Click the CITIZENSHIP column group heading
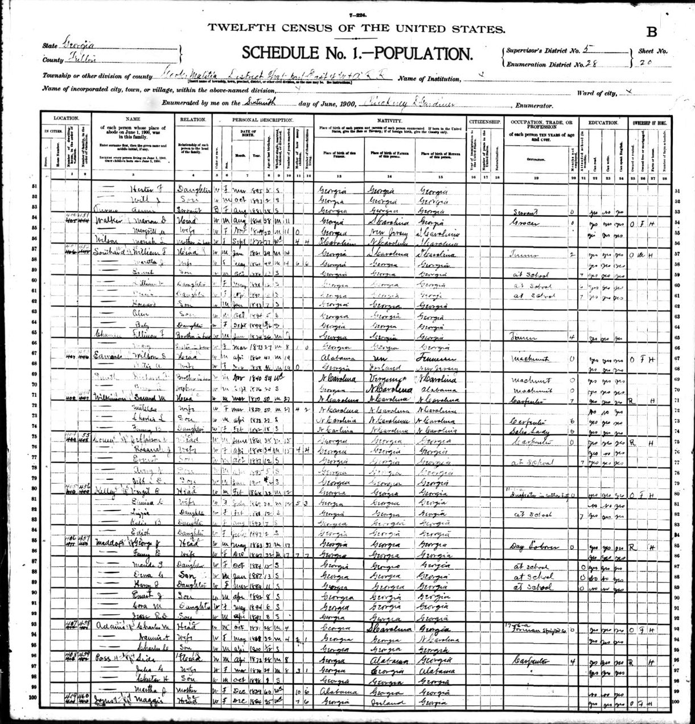coord(484,122)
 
